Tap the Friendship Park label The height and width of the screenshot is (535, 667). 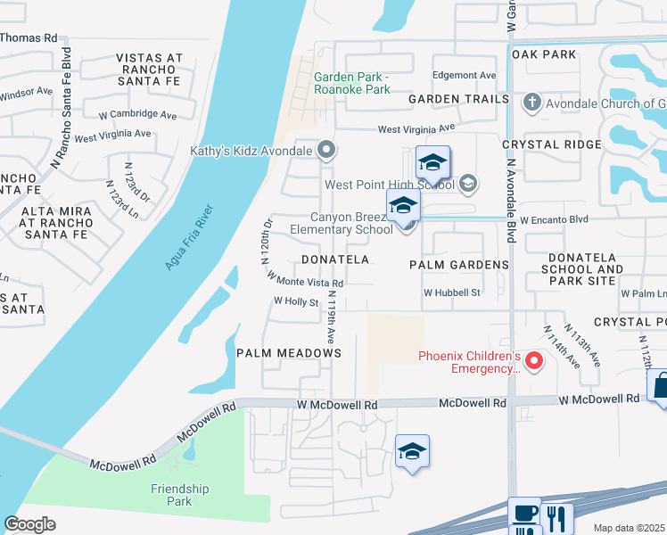(179, 495)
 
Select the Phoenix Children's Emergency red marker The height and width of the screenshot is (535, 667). (534, 360)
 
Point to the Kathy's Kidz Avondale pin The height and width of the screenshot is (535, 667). (326, 150)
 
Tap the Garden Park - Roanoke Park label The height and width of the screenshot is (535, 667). (352, 83)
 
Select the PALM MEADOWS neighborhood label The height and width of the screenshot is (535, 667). (289, 353)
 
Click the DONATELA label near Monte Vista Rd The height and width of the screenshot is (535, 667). (334, 259)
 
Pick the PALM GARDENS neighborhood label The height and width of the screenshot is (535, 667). (459, 265)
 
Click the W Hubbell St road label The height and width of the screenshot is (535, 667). (452, 292)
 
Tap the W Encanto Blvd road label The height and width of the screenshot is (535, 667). (555, 218)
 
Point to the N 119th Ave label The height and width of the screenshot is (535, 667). (332, 317)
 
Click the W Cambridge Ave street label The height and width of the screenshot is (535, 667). (137, 114)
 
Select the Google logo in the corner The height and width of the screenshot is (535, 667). (29, 524)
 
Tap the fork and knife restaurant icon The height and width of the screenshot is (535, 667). (559, 518)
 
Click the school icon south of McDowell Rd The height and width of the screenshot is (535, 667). (413, 452)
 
